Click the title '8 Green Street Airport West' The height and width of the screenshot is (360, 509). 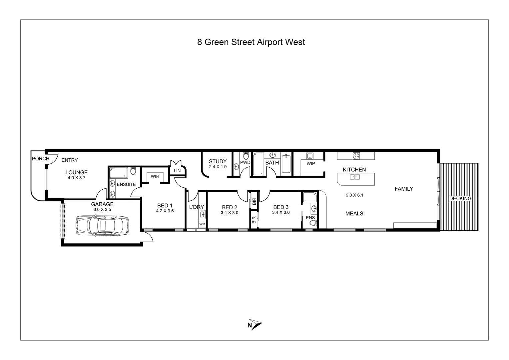(251, 42)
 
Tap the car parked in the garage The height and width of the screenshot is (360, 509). (102, 225)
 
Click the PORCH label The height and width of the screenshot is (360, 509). (40, 159)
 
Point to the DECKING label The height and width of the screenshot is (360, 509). (460, 199)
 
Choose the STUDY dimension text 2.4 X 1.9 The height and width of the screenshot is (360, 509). (218, 167)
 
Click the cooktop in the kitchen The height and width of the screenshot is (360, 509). (356, 156)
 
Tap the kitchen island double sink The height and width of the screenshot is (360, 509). (355, 177)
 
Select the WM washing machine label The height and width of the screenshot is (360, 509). (202, 224)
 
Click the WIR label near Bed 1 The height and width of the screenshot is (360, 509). (155, 176)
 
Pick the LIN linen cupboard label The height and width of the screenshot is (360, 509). (177, 171)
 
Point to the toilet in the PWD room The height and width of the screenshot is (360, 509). (246, 156)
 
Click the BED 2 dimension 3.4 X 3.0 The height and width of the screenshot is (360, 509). (230, 213)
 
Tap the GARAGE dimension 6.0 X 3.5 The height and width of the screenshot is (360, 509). (102, 210)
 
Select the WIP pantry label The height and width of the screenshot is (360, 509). (310, 164)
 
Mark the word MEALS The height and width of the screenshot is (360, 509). (354, 214)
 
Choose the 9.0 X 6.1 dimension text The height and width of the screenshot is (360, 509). (354, 195)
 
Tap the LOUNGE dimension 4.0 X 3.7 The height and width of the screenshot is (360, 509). (76, 178)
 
